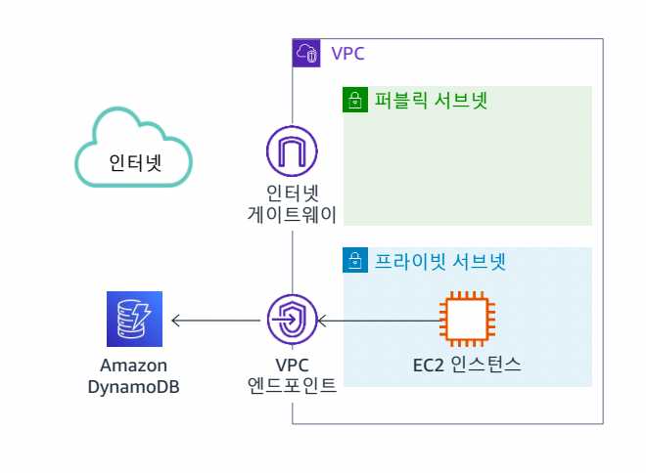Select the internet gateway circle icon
click(x=292, y=151)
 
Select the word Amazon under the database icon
click(x=140, y=366)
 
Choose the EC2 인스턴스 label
click(x=466, y=367)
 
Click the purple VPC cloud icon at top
click(x=306, y=53)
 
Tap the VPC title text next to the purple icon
click(x=347, y=53)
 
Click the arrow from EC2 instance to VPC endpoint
click(x=377, y=320)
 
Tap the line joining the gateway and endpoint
click(x=292, y=264)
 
